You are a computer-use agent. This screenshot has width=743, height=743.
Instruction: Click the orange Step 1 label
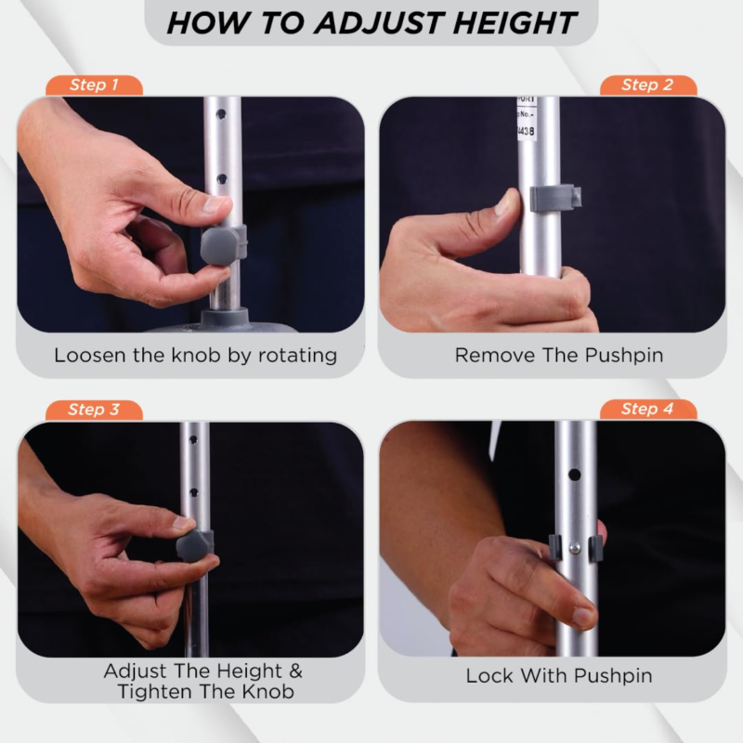pyautogui.click(x=94, y=85)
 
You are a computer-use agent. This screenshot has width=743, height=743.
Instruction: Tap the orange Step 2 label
pyautogui.click(x=647, y=85)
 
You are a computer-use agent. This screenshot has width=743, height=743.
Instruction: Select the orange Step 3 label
pyautogui.click(x=94, y=410)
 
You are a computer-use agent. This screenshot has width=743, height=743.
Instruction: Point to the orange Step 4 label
pyautogui.click(x=647, y=410)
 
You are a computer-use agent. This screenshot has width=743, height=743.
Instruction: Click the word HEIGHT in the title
pyautogui.click(x=515, y=22)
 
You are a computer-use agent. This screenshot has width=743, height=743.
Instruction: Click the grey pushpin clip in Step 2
pyautogui.click(x=555, y=197)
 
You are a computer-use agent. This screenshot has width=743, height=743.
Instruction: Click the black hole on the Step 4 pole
pyautogui.click(x=574, y=475)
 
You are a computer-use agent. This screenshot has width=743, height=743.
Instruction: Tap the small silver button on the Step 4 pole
pyautogui.click(x=575, y=548)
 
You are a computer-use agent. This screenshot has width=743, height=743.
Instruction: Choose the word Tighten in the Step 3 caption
pyautogui.click(x=150, y=692)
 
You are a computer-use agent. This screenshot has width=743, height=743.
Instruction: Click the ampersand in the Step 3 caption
pyautogui.click(x=295, y=671)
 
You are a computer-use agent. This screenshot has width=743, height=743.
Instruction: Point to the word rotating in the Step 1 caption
pyautogui.click(x=297, y=357)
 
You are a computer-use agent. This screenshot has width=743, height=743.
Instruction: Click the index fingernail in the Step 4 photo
pyautogui.click(x=583, y=616)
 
